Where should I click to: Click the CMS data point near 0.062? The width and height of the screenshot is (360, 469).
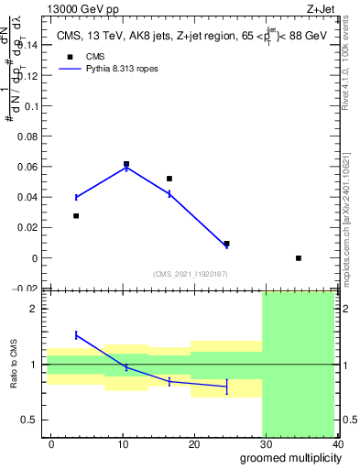[x=126, y=164]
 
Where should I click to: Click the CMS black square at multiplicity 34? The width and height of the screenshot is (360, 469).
[x=299, y=258]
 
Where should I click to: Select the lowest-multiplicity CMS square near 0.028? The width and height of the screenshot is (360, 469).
[x=76, y=216]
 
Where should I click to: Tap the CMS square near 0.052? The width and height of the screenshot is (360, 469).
[x=169, y=179]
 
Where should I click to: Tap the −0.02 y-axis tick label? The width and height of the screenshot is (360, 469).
[x=25, y=289]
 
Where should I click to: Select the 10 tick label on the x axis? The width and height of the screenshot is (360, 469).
[x=123, y=444]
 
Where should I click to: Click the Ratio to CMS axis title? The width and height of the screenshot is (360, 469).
[x=14, y=365]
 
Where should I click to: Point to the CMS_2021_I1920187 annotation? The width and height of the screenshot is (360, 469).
[x=190, y=274]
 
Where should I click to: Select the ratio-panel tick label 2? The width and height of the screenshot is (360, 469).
[x=34, y=310]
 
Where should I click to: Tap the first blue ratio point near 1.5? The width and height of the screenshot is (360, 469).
[x=76, y=335]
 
